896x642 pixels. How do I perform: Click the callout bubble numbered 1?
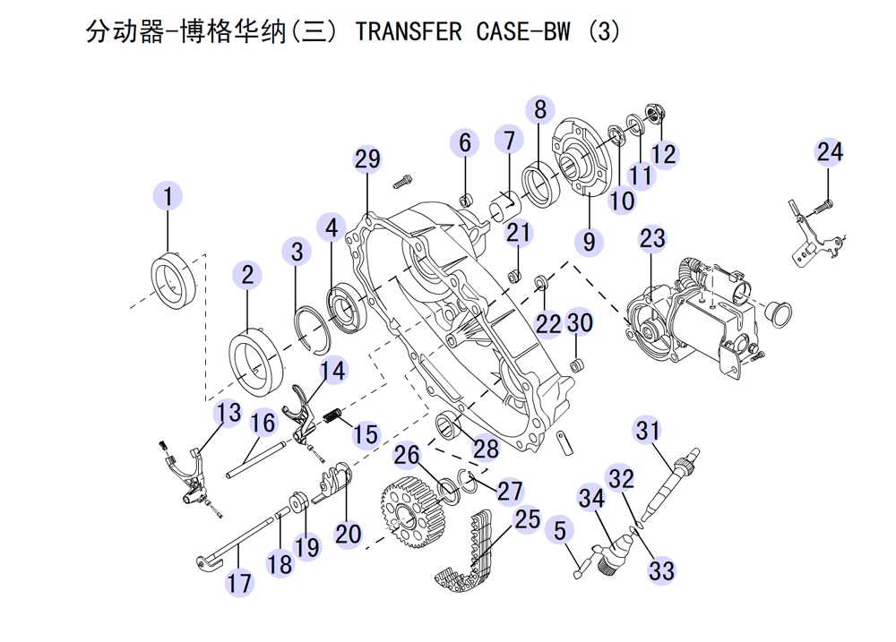[x=168, y=195]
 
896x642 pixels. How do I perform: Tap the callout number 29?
[x=367, y=159]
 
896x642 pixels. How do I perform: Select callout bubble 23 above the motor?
[x=653, y=238]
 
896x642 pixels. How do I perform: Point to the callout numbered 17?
[x=239, y=583]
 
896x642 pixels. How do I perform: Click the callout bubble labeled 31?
[x=648, y=431]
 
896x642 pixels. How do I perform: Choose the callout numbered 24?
[x=830, y=151]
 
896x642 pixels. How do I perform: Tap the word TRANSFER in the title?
[x=409, y=33]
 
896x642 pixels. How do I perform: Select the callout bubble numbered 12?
[x=664, y=153]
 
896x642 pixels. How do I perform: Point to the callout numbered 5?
[x=560, y=531]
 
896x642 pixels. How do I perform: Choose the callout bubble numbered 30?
[x=581, y=322]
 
